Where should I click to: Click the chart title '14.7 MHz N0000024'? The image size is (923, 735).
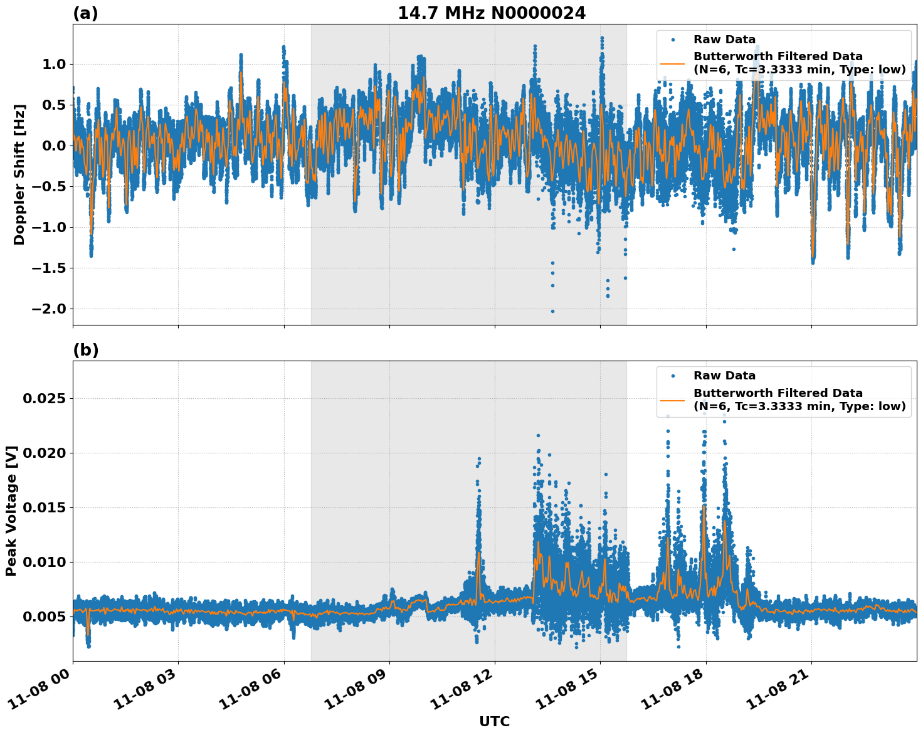click(492, 13)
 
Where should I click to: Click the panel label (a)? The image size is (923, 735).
click(85, 13)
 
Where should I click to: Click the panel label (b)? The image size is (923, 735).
click(85, 350)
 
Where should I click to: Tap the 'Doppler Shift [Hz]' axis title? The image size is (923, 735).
click(19, 174)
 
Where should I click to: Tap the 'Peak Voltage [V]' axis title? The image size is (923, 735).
click(11, 510)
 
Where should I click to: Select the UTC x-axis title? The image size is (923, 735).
click(494, 721)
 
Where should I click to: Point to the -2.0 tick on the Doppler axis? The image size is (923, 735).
click(47, 309)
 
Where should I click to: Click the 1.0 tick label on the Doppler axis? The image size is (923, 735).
click(53, 64)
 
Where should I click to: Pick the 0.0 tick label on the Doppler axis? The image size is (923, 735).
click(53, 145)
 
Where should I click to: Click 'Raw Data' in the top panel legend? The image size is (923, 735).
click(724, 40)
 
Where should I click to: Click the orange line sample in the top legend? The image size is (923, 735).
click(673, 63)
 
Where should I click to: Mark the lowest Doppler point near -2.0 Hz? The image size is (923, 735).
click(552, 311)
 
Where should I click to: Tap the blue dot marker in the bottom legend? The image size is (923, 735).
click(673, 376)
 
